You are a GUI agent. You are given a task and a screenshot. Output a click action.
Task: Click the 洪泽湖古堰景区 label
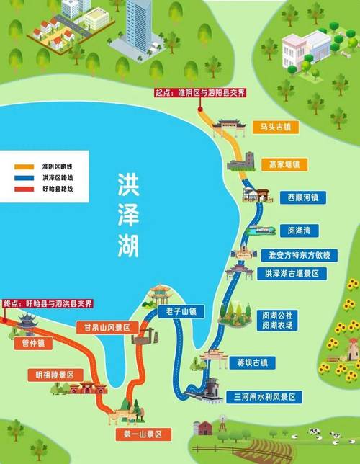pos(296,274)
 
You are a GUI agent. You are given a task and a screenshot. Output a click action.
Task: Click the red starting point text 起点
pos(164,92)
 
